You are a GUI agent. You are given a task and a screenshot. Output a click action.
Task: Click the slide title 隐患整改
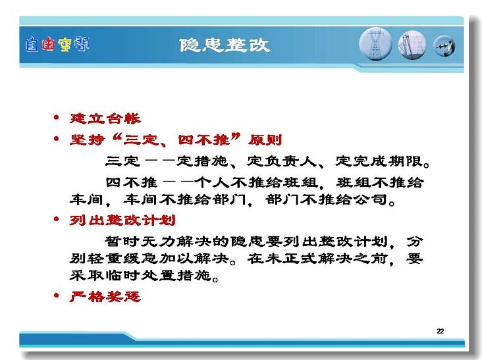(x=225, y=45)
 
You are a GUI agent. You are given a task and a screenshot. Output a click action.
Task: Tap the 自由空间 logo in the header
(x=57, y=45)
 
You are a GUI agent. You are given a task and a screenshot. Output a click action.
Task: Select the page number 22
(x=441, y=331)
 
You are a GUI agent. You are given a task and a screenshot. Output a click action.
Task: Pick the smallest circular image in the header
(x=444, y=46)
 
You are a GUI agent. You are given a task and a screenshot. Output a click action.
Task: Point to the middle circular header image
(x=412, y=45)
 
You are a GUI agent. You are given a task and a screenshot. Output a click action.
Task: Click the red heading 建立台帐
(x=105, y=118)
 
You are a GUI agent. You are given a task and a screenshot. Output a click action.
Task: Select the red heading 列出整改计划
(x=122, y=220)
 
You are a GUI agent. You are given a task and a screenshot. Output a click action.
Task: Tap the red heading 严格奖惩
(x=105, y=296)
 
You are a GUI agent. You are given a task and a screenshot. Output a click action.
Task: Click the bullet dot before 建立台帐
(x=56, y=117)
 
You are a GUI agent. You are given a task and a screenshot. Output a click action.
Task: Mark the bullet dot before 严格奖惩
(x=56, y=296)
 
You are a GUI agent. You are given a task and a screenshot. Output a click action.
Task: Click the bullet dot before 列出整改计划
(x=56, y=219)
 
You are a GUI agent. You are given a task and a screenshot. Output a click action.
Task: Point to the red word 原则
(x=265, y=140)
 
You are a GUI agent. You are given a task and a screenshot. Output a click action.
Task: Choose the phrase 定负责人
(x=282, y=161)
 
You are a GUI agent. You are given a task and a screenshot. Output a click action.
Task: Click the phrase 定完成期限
(x=379, y=161)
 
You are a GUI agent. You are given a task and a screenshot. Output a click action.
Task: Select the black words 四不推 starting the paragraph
(x=132, y=182)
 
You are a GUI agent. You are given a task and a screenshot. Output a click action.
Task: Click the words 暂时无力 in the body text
(x=140, y=241)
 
